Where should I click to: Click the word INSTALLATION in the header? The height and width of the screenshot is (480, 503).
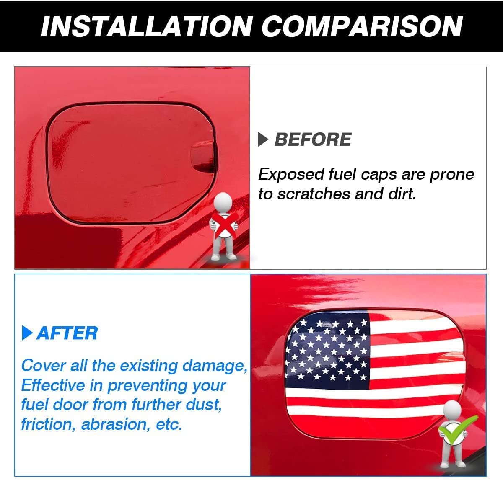(147, 26)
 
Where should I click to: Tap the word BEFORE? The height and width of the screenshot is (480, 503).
(313, 139)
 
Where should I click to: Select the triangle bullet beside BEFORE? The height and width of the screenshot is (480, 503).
(263, 139)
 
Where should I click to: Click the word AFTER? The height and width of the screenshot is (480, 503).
(67, 333)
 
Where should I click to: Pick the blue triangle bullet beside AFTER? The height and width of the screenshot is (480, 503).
(27, 333)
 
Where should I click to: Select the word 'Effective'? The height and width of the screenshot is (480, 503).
(53, 385)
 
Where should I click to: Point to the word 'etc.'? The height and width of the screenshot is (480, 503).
(169, 425)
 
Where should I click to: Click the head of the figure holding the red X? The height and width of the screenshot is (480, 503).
(223, 202)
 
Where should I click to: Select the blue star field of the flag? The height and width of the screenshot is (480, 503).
(327, 351)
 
